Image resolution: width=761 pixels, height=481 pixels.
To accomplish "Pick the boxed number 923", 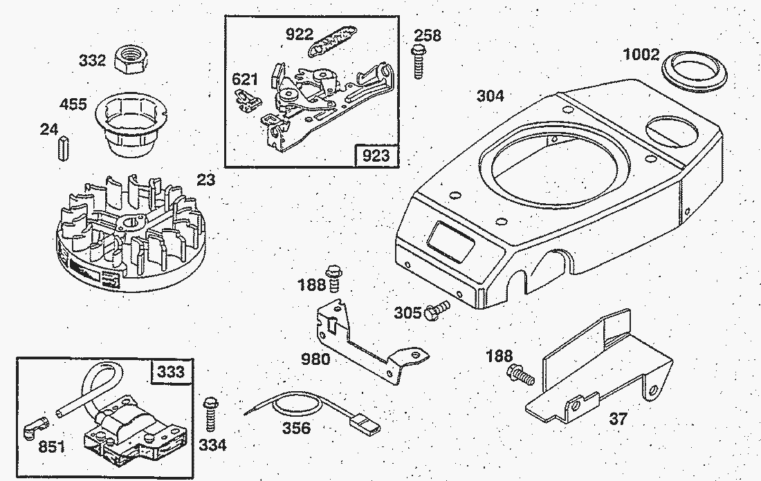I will click(376, 155).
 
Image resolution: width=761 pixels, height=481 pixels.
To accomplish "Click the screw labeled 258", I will click(419, 61).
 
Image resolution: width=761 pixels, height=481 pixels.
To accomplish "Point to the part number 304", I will click(490, 96).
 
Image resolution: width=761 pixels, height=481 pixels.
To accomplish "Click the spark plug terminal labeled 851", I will click(39, 426).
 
